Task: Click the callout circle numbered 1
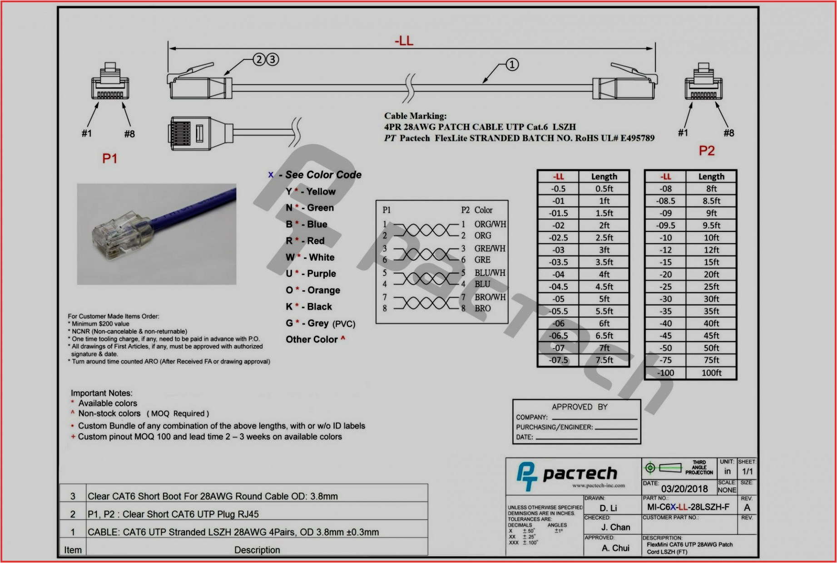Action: coord(512,64)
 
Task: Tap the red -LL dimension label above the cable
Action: coord(404,41)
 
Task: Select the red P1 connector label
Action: coord(109,158)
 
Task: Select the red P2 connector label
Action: coord(706,151)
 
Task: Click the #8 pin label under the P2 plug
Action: coord(728,133)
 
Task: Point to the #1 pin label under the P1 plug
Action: coord(86,133)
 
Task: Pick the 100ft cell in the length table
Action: coord(711,373)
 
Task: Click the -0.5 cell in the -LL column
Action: coord(558,189)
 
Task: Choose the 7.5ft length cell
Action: coord(604,360)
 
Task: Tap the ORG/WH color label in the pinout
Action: coord(490,224)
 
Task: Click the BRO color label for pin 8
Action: coord(482,308)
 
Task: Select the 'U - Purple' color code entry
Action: coord(311,274)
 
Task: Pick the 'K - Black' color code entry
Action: coord(309,307)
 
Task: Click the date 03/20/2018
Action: coord(684,489)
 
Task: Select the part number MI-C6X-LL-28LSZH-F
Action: coord(688,507)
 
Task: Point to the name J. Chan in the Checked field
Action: coord(615,527)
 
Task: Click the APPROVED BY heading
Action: coord(579,407)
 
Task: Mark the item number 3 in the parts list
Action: coord(73,496)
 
